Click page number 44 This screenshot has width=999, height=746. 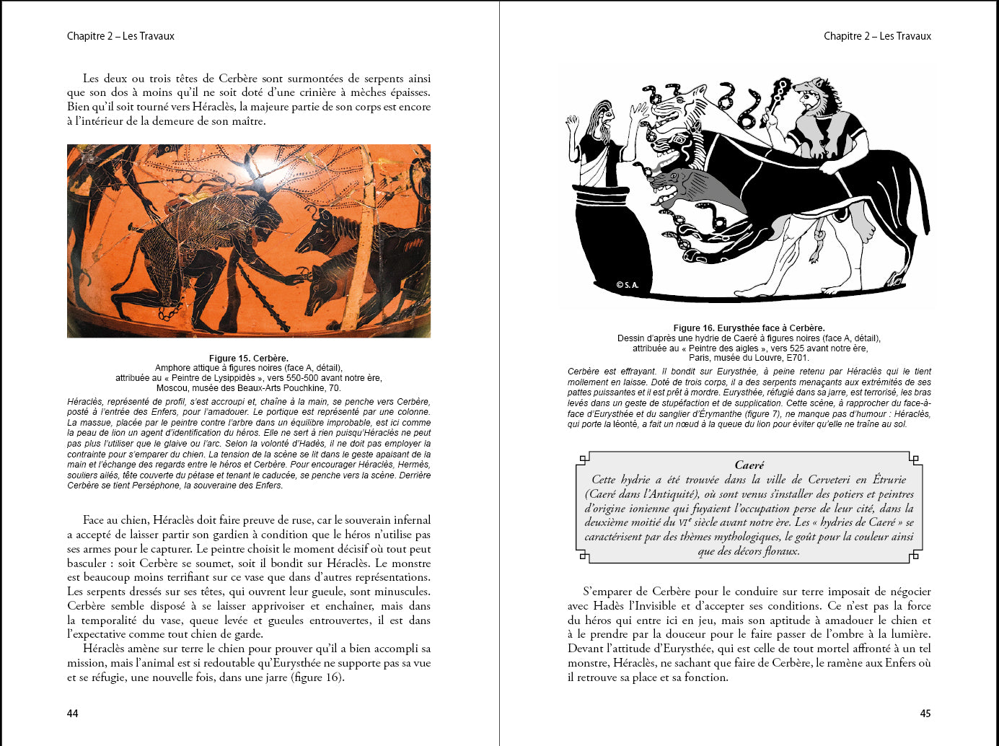tap(72, 714)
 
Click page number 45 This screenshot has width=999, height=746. tap(925, 714)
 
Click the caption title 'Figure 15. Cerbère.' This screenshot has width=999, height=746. tap(249, 358)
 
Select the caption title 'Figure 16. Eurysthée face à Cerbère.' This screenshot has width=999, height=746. tap(749, 328)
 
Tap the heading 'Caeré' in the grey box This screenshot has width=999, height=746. tap(749, 465)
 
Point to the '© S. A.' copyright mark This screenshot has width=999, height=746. tap(628, 285)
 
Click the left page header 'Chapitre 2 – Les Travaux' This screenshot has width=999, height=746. tap(120, 36)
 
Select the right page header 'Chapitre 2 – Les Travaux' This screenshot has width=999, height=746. tap(877, 36)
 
